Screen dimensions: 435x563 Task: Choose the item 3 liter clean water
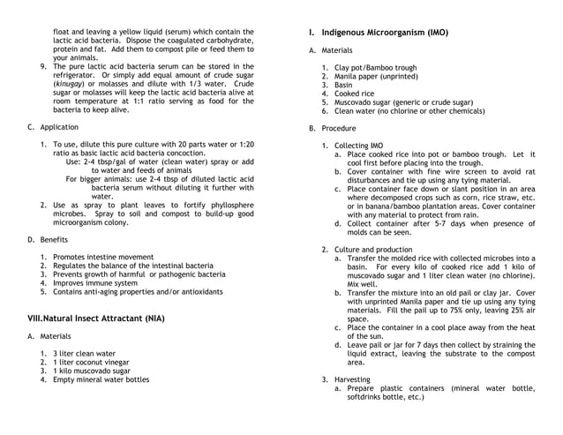coord(84,353)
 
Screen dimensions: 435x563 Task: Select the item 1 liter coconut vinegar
coord(91,362)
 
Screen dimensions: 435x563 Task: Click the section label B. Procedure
coord(326,128)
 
